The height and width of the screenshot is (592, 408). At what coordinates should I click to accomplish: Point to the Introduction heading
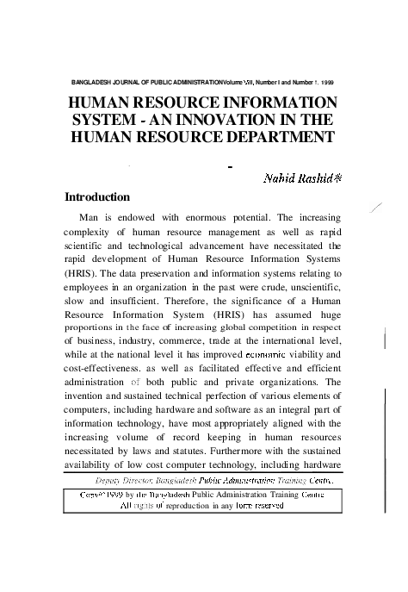click(97, 197)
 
